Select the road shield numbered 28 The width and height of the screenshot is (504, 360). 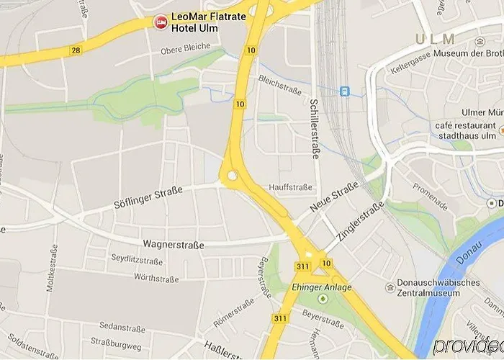[75, 50]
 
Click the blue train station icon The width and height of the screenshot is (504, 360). [345, 91]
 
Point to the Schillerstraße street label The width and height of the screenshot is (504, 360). [315, 128]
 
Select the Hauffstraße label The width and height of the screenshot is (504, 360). [291, 187]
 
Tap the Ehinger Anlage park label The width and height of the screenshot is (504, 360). [322, 287]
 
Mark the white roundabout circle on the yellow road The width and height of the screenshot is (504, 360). [232, 176]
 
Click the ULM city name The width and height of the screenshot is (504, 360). [435, 39]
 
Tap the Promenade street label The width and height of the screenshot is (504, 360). [431, 196]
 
